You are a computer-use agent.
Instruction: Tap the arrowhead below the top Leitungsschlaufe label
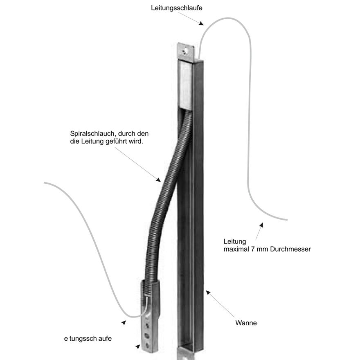click(x=200, y=24)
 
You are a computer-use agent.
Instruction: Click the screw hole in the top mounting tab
click(x=186, y=52)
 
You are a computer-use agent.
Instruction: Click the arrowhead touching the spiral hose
click(x=158, y=179)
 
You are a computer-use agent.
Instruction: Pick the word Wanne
click(x=246, y=323)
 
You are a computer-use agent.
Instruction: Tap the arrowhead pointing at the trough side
click(x=208, y=292)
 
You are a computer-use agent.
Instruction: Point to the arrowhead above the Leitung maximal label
click(x=261, y=225)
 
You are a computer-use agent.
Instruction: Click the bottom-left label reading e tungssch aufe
click(x=88, y=338)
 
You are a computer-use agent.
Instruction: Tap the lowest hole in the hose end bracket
click(x=146, y=344)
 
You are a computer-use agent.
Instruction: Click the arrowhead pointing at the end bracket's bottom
click(x=138, y=347)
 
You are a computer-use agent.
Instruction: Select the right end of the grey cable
click(x=286, y=219)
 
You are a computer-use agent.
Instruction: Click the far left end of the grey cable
click(x=45, y=183)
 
